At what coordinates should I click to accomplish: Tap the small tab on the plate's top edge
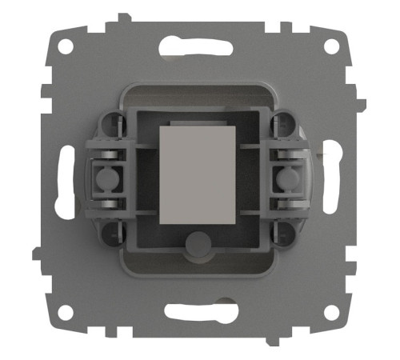pyautogui.click(x=121, y=16)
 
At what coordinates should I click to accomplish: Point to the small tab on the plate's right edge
pyautogui.click(x=362, y=104)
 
